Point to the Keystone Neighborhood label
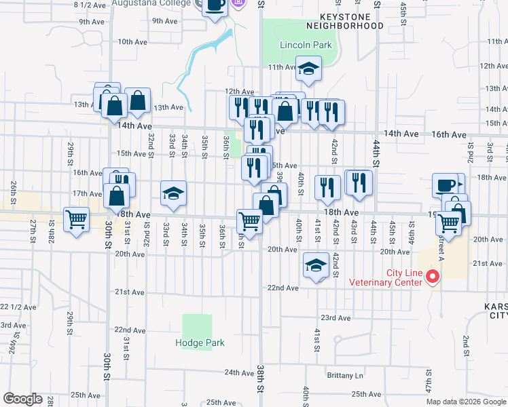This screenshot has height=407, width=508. point(344,20)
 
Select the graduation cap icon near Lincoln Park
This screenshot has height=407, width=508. point(308,68)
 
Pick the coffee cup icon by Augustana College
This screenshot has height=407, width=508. point(215,5)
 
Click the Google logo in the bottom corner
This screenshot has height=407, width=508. point(22,399)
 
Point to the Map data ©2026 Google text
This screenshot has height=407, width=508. point(466,402)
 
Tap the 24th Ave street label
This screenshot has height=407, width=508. point(239,372)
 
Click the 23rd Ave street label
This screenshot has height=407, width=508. point(335,317)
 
